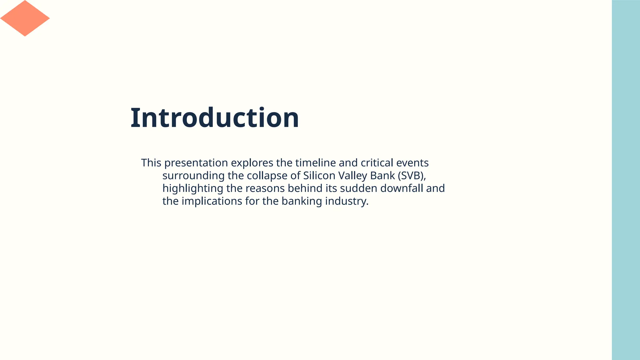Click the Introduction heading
coord(214,118)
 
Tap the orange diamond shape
coord(25,18)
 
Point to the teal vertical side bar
coord(626,180)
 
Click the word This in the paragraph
coord(151,163)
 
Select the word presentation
coord(196,163)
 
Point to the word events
coord(412,163)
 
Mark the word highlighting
coord(193,188)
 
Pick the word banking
coord(302,201)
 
